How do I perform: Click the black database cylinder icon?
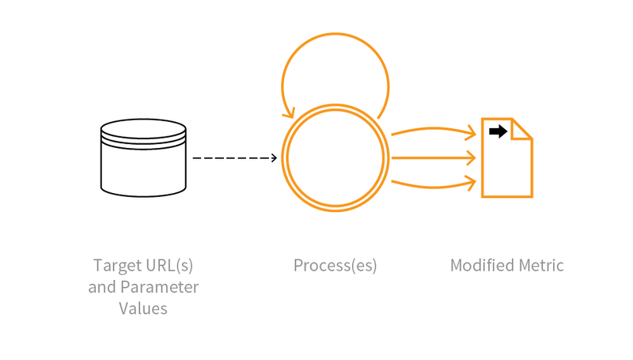[x=143, y=158]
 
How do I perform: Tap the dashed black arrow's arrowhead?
[x=274, y=158]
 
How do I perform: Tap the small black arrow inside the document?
[x=498, y=131]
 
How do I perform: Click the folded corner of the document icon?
[x=523, y=129]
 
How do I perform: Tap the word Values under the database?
[x=143, y=309]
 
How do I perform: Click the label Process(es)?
[x=335, y=265]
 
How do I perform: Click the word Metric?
[x=542, y=265]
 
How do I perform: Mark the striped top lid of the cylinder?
[x=143, y=131]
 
